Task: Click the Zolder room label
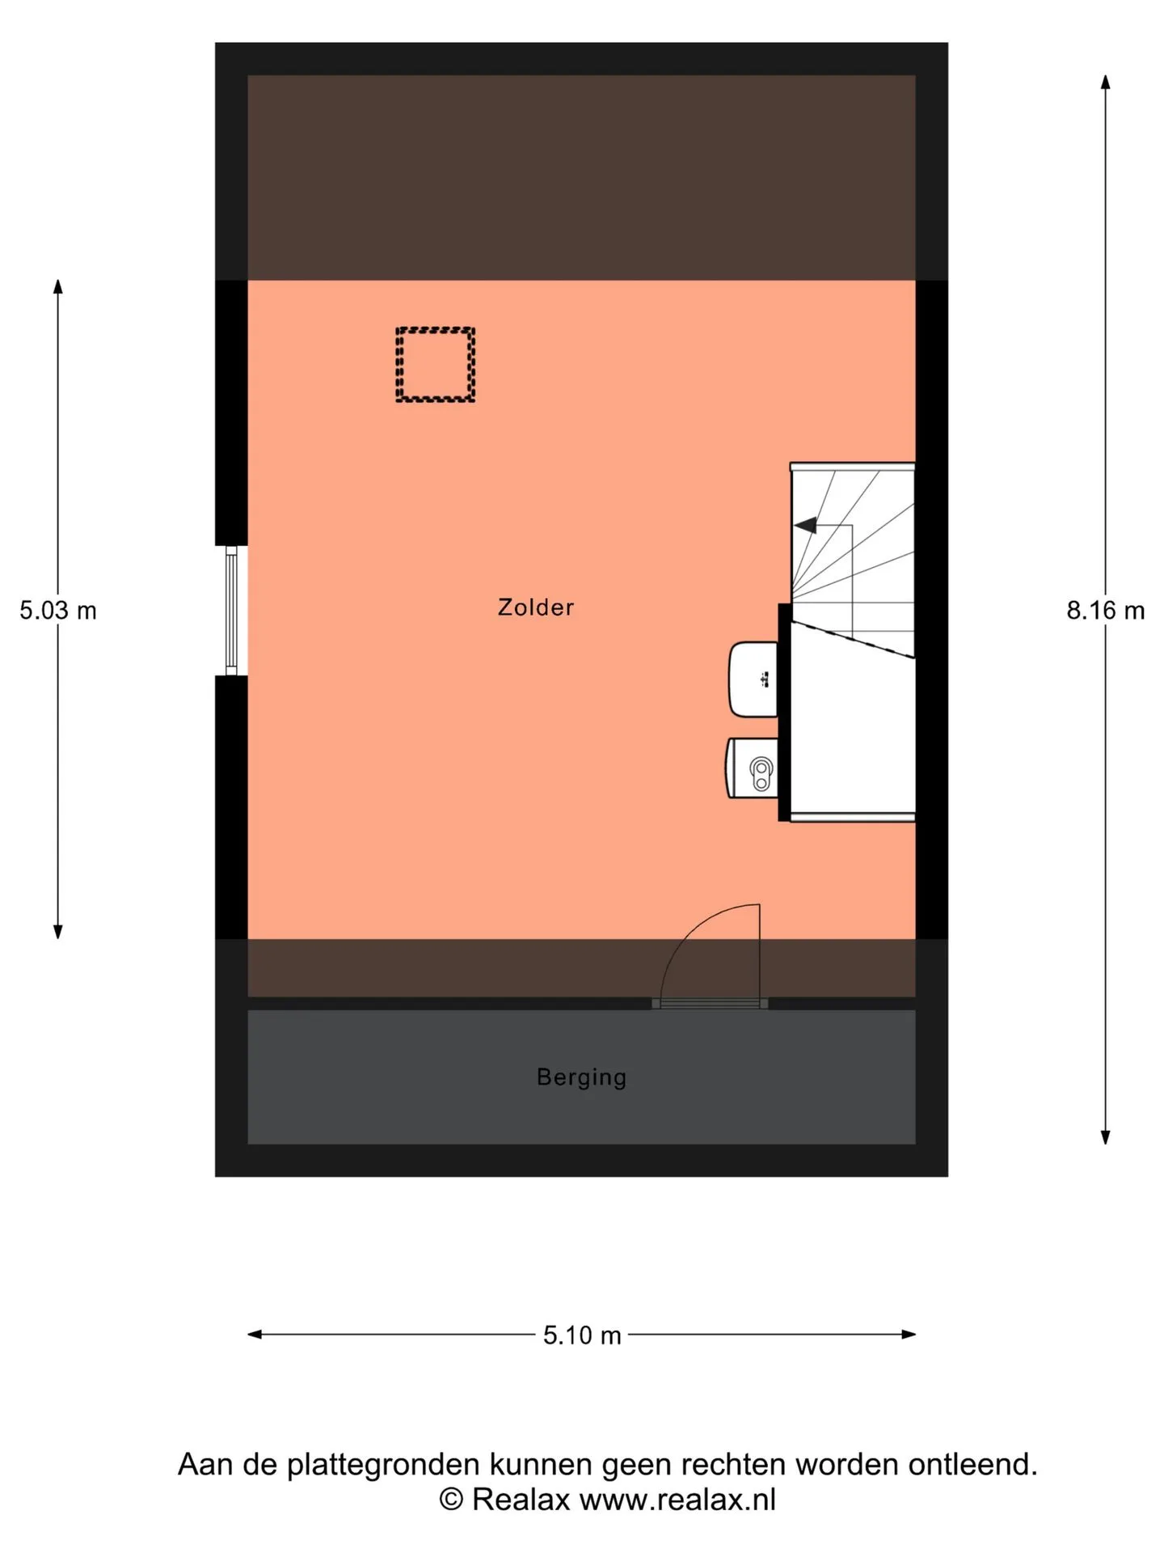click(535, 607)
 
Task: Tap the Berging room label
click(581, 1077)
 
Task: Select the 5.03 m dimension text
click(58, 610)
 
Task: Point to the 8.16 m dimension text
click(1105, 610)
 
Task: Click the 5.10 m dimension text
click(582, 1335)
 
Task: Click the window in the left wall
click(231, 610)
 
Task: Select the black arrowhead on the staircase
click(805, 526)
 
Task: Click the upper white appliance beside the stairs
click(753, 679)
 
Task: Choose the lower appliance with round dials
click(753, 768)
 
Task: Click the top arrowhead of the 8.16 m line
click(1105, 82)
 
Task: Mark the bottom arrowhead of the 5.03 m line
click(58, 932)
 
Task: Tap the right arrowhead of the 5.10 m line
click(909, 1335)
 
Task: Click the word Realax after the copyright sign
click(521, 1500)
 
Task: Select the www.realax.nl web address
click(677, 1500)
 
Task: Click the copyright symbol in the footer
click(452, 1500)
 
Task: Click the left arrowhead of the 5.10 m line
click(255, 1335)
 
